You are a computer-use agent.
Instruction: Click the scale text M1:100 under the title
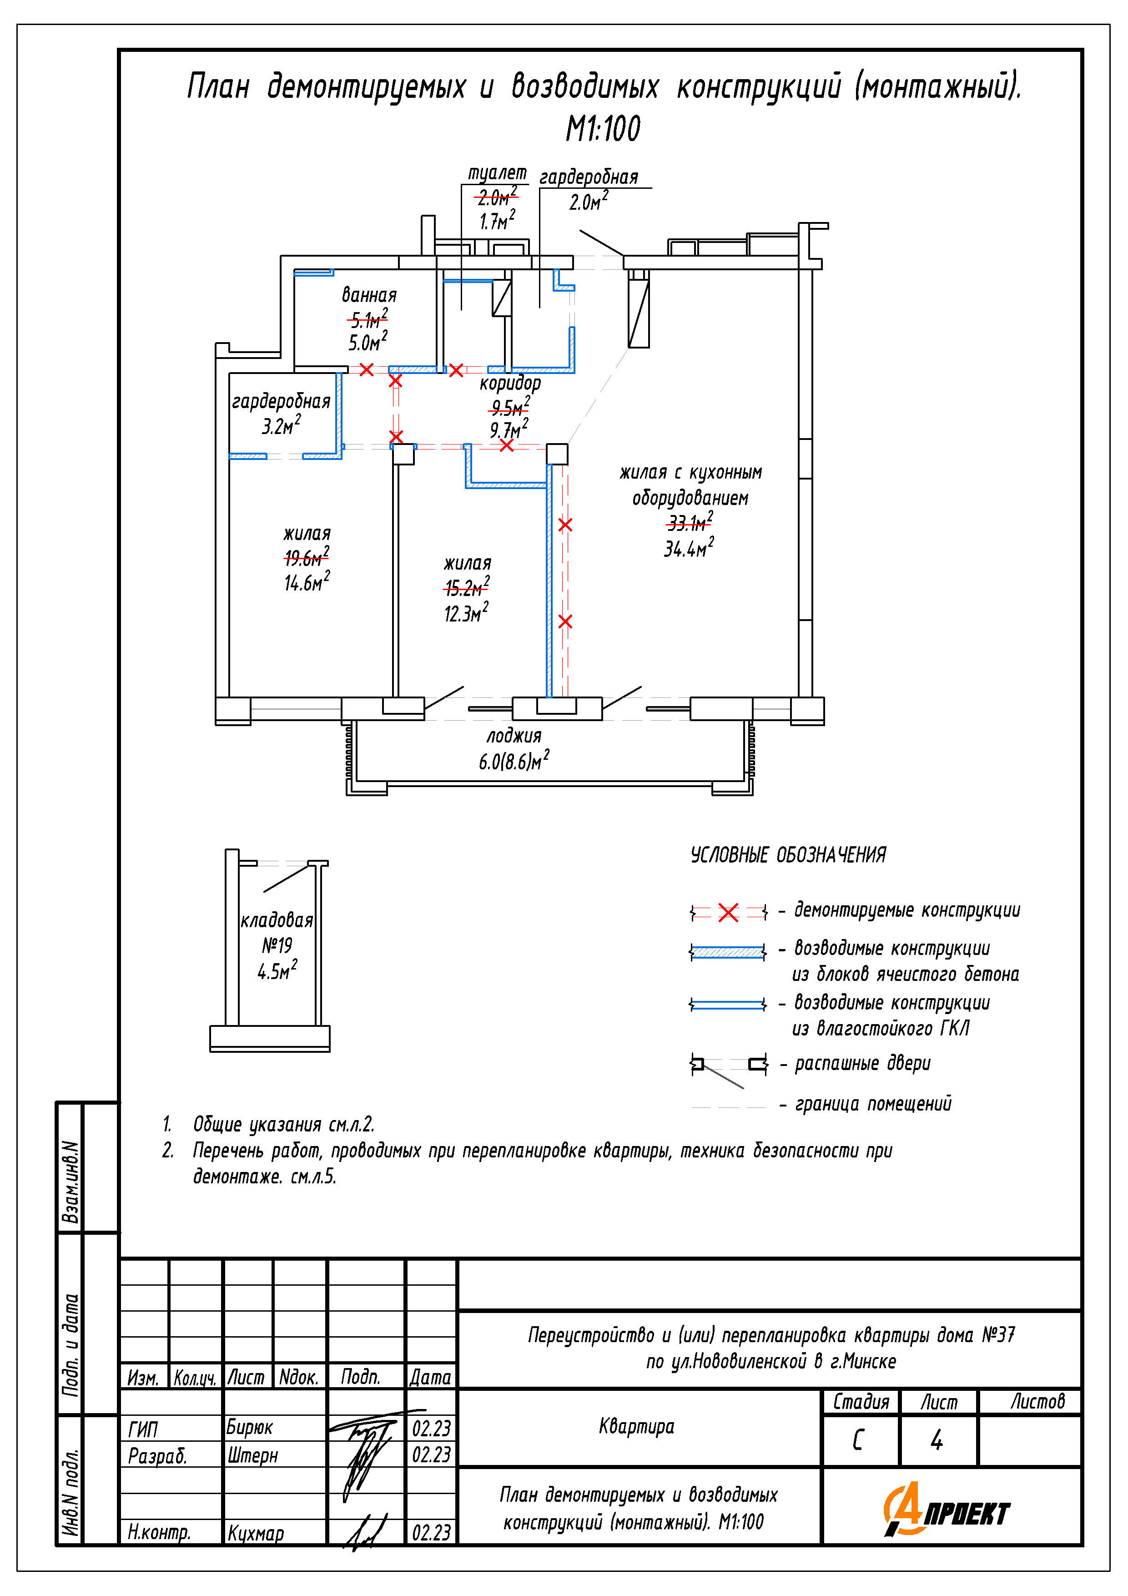[x=603, y=129]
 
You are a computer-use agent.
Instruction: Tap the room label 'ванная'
[x=369, y=295]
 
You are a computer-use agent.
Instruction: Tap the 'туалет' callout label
[x=497, y=173]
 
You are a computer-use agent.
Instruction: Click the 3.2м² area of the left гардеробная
[x=281, y=425]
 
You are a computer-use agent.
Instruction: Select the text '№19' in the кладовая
[x=277, y=945]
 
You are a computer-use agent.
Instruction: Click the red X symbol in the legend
[x=728, y=913]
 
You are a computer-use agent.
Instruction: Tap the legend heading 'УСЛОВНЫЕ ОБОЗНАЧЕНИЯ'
[x=788, y=855]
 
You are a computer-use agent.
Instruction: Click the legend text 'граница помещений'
[x=873, y=1104]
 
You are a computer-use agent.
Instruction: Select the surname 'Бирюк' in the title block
[x=250, y=1428]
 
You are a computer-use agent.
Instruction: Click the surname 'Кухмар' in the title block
[x=255, y=1533]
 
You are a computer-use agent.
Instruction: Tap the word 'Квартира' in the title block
[x=637, y=1426]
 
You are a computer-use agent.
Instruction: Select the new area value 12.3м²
[x=466, y=614]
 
